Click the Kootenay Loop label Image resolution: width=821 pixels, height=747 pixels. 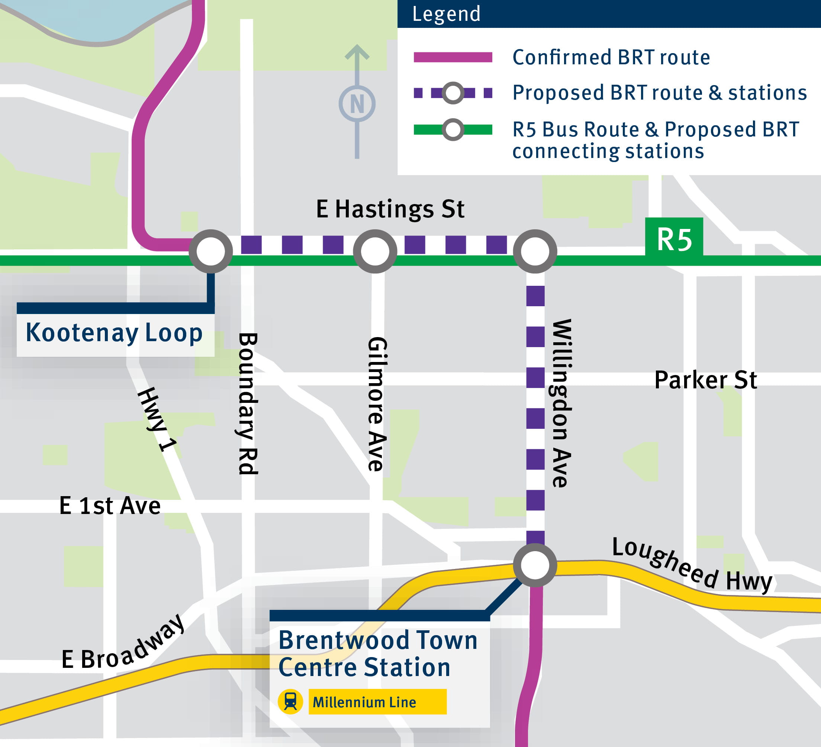[115, 333]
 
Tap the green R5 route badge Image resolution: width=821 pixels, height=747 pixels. [674, 239]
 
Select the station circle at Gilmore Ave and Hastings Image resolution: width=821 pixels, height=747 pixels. [375, 252]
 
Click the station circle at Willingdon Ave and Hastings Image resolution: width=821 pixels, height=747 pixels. [535, 252]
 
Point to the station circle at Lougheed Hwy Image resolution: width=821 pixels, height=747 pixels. [535, 565]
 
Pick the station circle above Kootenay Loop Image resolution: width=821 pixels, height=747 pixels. [210, 252]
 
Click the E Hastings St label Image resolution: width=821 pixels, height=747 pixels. [390, 209]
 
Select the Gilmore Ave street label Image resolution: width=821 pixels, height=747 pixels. [377, 404]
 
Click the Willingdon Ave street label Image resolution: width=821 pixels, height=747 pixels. [561, 403]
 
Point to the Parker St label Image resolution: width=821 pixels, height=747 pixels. [705, 380]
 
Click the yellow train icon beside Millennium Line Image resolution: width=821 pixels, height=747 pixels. [290, 701]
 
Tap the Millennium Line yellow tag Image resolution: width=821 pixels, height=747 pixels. [377, 702]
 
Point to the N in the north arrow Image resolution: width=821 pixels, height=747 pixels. [357, 104]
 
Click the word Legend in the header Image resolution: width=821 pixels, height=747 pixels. [446, 14]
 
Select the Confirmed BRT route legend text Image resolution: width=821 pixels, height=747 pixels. [611, 57]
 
